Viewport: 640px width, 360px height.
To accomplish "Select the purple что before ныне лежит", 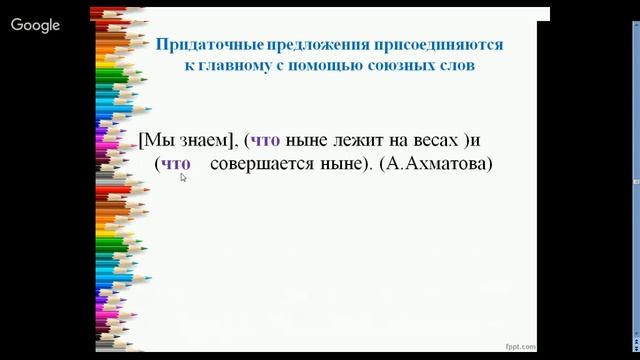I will (265, 140).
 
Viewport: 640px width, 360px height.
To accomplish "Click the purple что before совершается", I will (175, 162).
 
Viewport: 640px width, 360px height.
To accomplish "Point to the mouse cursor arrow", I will (183, 177).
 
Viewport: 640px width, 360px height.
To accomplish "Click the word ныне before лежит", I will (303, 140).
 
